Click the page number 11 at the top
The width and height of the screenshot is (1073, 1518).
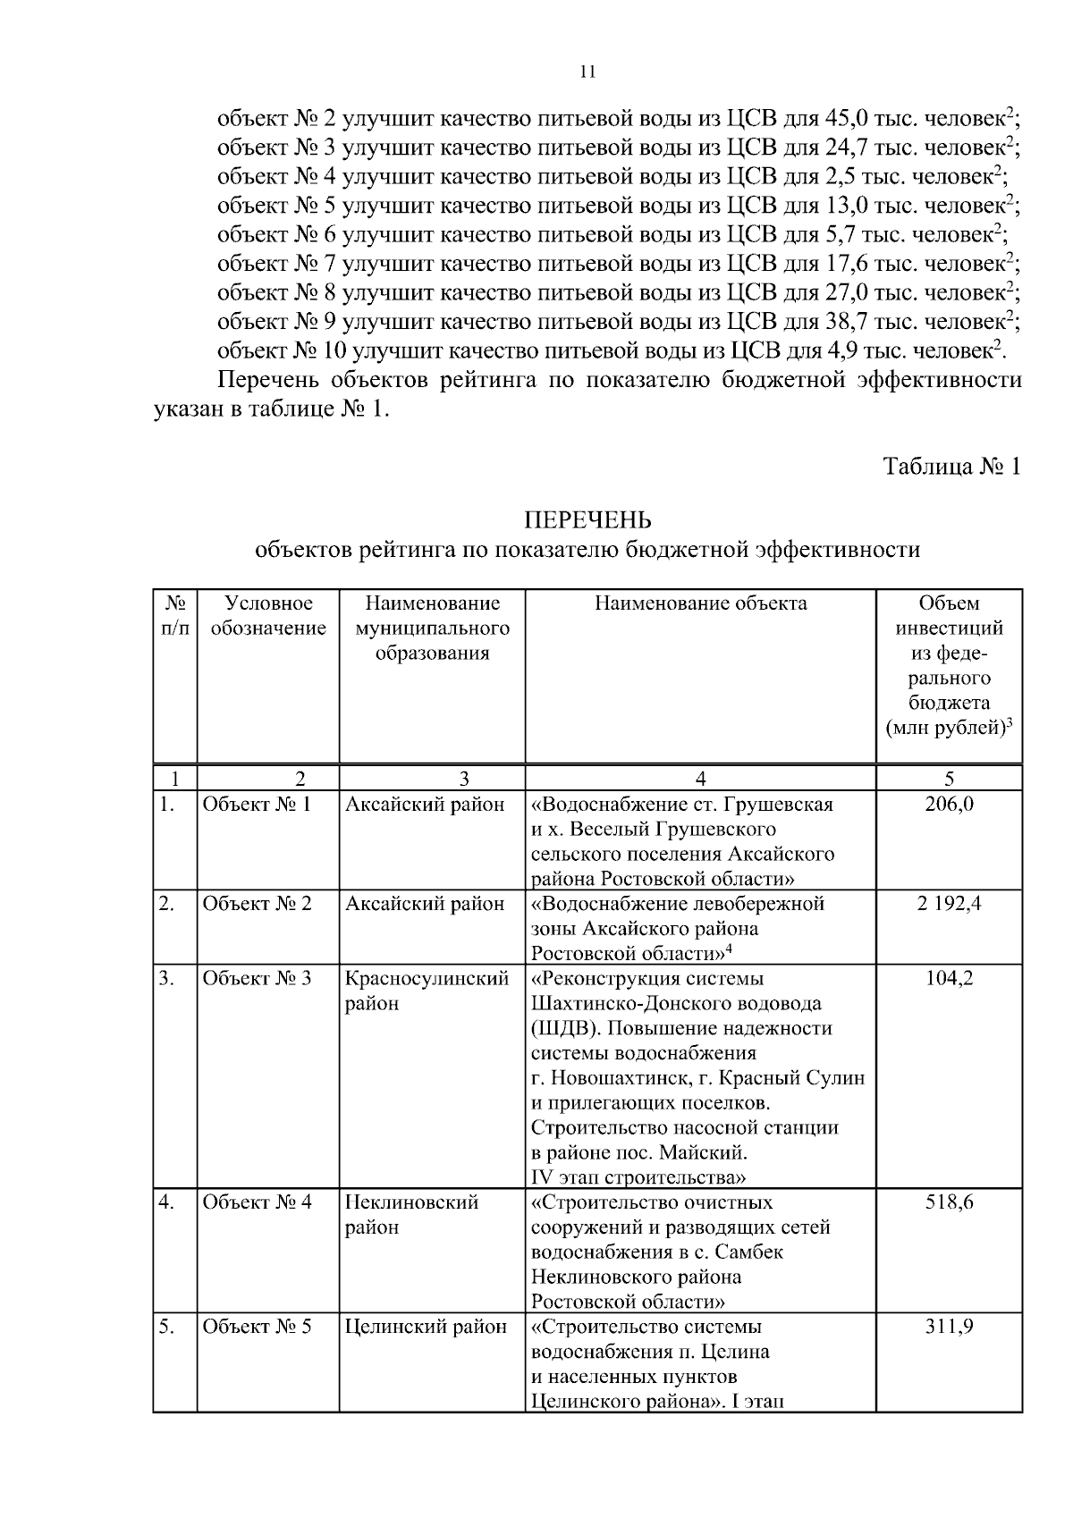[587, 72]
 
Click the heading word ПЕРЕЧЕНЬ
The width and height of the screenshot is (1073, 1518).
[587, 520]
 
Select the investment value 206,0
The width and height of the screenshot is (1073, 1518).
[949, 804]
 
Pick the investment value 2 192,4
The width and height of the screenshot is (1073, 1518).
[949, 903]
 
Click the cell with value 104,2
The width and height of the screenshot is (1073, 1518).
[949, 977]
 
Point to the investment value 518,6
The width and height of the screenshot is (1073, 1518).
[949, 1202]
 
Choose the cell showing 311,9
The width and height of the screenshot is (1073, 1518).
[949, 1326]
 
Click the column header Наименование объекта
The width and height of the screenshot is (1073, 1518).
[700, 603]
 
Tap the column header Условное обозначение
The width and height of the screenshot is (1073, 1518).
[268, 616]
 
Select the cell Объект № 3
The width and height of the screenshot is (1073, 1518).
[258, 977]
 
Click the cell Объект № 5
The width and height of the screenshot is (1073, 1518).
[258, 1326]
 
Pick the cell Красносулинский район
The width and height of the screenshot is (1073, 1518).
[427, 990]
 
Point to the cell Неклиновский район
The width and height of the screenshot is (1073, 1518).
[411, 1214]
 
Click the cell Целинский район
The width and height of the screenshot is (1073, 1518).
[426, 1326]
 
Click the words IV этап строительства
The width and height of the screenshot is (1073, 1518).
[638, 1176]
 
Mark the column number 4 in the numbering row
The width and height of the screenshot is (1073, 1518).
[700, 777]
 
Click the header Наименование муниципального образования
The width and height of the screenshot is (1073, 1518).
[432, 628]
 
